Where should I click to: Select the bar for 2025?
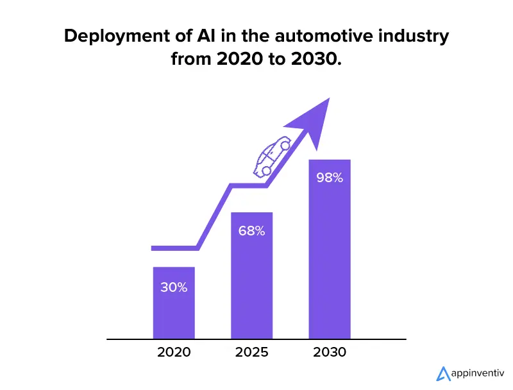click(252, 282)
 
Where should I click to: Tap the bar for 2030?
click(330, 257)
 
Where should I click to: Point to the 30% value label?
click(174, 287)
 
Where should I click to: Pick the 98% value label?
click(330, 178)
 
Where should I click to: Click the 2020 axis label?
click(174, 352)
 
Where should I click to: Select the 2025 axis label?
click(252, 352)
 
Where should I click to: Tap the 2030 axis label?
click(330, 352)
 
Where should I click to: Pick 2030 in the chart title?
click(317, 60)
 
